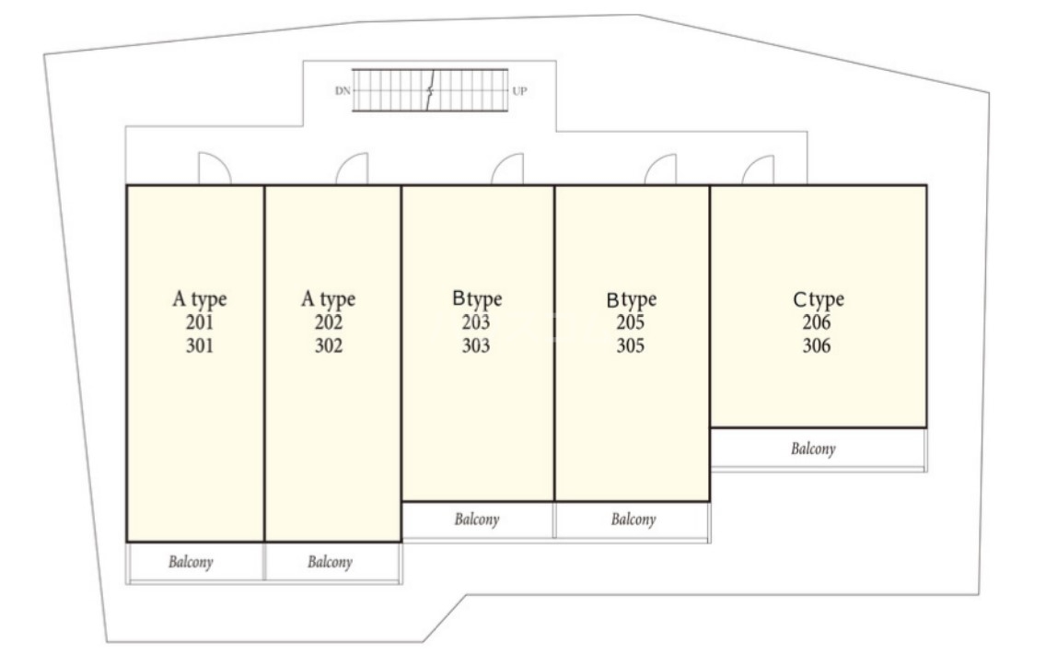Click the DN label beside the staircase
343,91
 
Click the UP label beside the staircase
519,91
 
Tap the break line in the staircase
430,90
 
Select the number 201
200,322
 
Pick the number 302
329,345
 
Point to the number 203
476,322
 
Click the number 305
631,345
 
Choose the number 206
817,322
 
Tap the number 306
817,345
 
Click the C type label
819,299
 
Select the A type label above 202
328,299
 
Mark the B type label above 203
477,299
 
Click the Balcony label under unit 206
813,449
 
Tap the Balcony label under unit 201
191,562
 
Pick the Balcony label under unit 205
633,520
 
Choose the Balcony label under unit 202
331,562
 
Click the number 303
476,345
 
